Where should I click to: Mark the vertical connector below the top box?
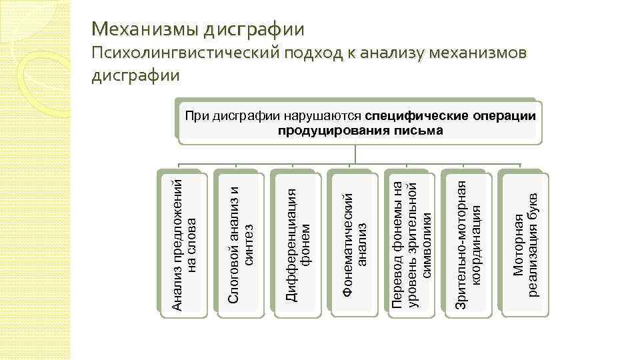point(357,154)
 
